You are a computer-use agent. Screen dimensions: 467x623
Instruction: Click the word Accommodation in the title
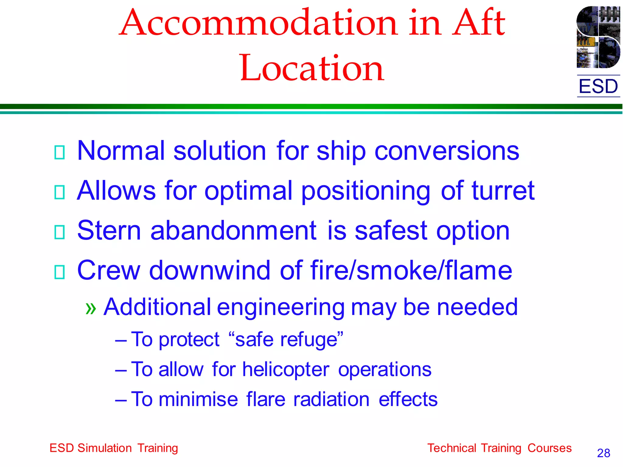point(259,23)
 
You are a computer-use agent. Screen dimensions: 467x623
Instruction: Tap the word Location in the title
point(312,68)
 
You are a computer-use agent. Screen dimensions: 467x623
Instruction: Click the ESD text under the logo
point(598,86)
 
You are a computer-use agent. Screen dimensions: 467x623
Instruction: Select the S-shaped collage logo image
point(598,37)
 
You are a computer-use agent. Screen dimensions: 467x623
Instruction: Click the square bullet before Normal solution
point(59,152)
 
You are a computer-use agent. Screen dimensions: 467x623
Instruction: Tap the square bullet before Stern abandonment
point(59,232)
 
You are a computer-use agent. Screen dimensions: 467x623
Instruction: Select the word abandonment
point(233,231)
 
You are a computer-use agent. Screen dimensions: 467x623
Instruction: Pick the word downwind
point(210,270)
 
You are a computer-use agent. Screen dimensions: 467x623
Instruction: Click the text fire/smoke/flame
point(411,270)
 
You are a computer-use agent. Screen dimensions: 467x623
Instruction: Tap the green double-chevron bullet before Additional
point(91,308)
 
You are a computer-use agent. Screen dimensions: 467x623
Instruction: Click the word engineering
point(280,308)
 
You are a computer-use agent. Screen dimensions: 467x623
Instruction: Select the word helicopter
point(286,370)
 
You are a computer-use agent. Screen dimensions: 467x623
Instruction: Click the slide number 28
point(603,453)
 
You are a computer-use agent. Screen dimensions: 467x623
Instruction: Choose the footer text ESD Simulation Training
point(114,448)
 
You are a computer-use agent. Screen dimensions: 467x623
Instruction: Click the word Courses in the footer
point(549,448)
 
